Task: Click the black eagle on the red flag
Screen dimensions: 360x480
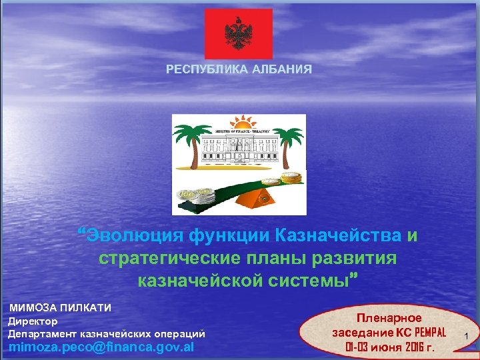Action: click(x=238, y=34)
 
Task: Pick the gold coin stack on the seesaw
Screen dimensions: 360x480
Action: click(x=291, y=179)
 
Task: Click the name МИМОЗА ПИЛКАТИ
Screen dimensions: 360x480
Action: click(x=60, y=308)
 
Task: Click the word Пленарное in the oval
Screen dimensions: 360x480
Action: click(x=389, y=319)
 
